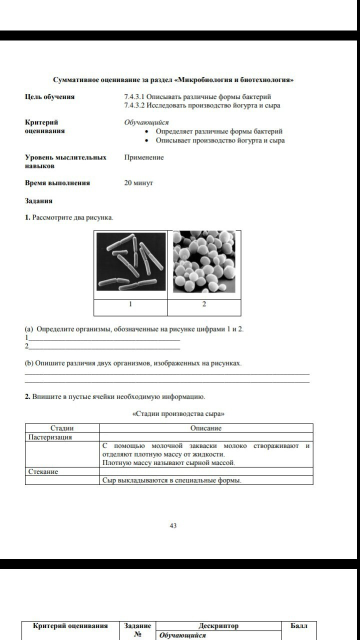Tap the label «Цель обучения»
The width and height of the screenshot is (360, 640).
click(x=49, y=97)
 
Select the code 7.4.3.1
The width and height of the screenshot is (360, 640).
click(x=134, y=96)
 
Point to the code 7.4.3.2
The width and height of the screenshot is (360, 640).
click(x=134, y=105)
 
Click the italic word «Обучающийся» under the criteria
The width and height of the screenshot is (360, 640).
click(x=146, y=122)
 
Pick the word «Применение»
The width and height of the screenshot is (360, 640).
click(x=144, y=157)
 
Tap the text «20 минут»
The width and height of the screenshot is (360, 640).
click(x=138, y=183)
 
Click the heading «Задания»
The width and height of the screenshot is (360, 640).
click(x=38, y=201)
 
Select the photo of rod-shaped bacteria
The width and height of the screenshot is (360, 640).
click(x=131, y=261)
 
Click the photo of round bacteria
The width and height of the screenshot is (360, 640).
click(x=204, y=261)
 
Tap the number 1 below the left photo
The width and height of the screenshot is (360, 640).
click(x=130, y=304)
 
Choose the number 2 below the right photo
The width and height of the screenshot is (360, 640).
click(x=204, y=304)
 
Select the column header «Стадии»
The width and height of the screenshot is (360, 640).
click(x=62, y=428)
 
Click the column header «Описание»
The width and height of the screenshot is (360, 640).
click(x=205, y=428)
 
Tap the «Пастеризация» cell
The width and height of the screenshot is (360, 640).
click(x=50, y=437)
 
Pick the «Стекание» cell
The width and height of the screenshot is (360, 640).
click(x=43, y=471)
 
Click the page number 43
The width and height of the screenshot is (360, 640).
click(x=173, y=525)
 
